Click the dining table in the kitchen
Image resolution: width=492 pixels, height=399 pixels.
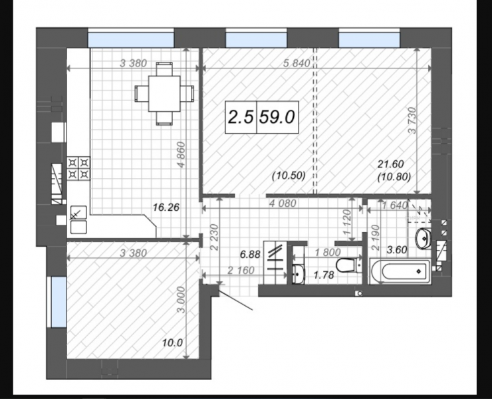[x=164, y=94]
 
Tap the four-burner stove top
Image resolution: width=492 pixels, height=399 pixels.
[x=78, y=168]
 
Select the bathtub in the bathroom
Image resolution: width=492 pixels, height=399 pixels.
[x=400, y=271]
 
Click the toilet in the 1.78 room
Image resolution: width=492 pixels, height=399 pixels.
[x=349, y=265]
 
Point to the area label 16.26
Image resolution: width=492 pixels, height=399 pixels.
[x=166, y=207]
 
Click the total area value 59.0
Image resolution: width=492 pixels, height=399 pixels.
[x=277, y=117]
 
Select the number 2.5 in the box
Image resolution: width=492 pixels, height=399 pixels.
[x=241, y=117]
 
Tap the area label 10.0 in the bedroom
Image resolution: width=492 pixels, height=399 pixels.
[x=172, y=342]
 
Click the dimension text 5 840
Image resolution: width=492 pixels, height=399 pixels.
[x=297, y=63]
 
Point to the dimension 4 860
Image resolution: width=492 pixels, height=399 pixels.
[x=181, y=154]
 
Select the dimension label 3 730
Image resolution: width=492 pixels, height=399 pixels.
[x=412, y=120]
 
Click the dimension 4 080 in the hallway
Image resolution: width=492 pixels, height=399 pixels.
[x=283, y=203]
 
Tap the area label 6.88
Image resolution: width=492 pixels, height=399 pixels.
[x=250, y=254]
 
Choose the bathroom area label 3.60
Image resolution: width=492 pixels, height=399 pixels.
[x=397, y=250]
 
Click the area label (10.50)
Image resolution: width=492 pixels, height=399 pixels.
[x=289, y=176]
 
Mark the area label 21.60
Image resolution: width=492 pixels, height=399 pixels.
[x=390, y=164]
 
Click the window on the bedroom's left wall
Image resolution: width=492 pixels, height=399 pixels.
[x=58, y=302]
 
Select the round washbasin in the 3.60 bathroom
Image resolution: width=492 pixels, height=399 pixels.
[x=424, y=239]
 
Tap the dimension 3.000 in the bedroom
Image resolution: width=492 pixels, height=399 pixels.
[x=181, y=299]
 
